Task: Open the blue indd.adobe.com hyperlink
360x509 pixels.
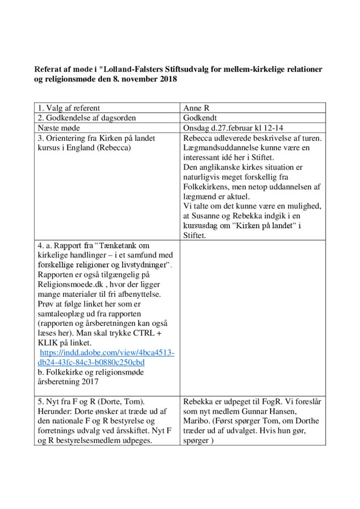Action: pyautogui.click(x=107, y=357)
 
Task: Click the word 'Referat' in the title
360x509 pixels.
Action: pyautogui.click(x=49, y=70)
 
